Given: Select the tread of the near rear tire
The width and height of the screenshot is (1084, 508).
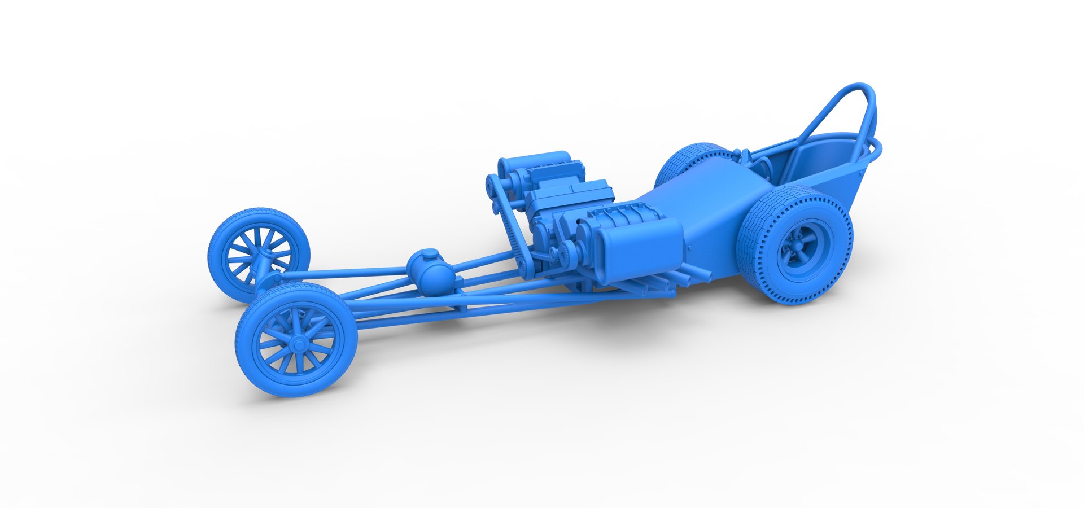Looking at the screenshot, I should (x=757, y=237).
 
